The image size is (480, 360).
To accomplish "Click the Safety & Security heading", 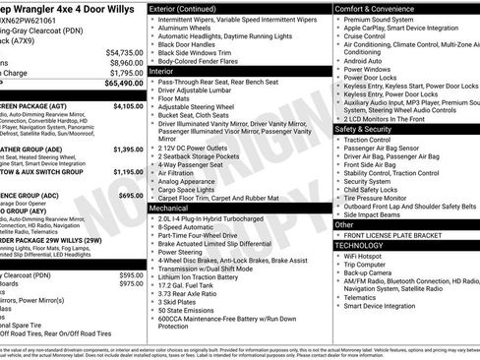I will coord(368,128).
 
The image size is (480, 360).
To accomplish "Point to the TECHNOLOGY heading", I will coord(364,245).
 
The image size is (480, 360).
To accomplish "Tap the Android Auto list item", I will coord(363,61).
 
